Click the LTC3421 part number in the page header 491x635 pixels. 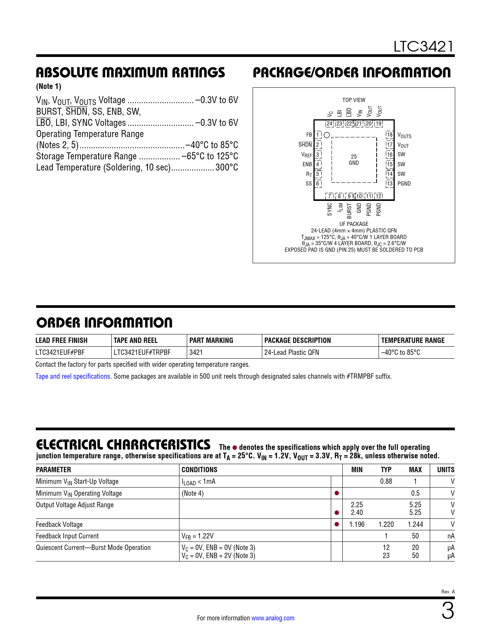[423, 47]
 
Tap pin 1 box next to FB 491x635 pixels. [318, 135]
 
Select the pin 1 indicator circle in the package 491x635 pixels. [327, 135]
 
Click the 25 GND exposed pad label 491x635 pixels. [354, 160]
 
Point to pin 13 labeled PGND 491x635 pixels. [390, 184]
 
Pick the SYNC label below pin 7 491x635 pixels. [330, 209]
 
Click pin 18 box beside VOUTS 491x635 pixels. [390, 135]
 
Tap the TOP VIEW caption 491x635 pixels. [354, 100]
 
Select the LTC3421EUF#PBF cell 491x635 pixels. [60, 353]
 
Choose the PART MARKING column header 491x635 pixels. [211, 341]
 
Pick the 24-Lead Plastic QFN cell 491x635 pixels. [292, 353]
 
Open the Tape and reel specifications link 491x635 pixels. [74, 376]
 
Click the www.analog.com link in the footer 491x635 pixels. [273, 618]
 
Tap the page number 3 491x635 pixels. [447, 611]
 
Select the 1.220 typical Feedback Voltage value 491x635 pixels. [386, 525]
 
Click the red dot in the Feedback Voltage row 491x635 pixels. [337, 524]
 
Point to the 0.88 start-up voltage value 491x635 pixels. [386, 481]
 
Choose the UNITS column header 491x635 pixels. [446, 470]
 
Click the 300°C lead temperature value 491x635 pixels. [227, 167]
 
